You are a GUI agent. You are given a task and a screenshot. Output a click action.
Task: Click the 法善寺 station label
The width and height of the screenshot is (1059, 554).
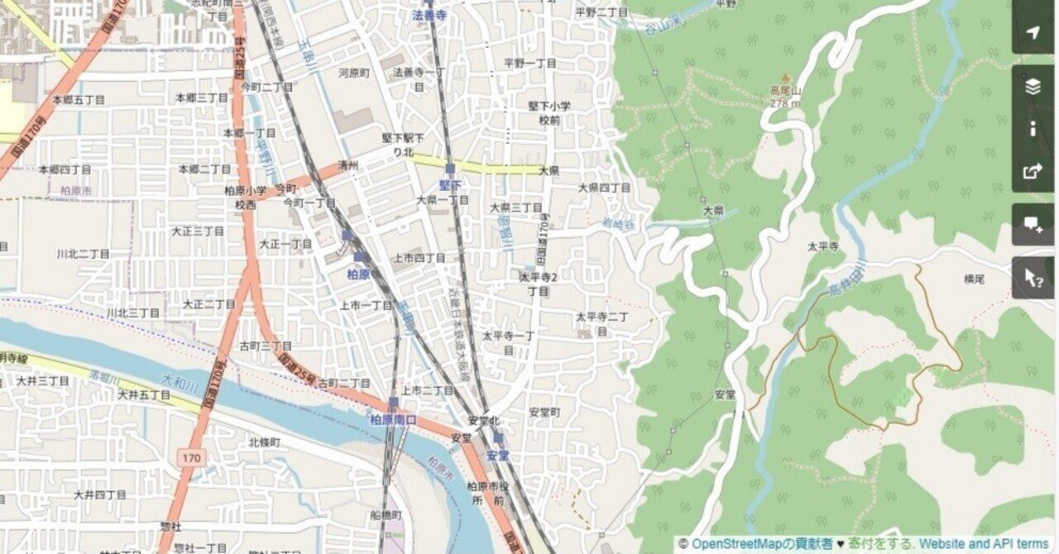coord(430,14)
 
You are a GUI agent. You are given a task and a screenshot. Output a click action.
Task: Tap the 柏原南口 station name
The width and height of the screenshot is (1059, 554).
coord(393,420)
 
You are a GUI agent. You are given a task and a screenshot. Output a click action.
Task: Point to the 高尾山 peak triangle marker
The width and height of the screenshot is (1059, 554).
coord(785,79)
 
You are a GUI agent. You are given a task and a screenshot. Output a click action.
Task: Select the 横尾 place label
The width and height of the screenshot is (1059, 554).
coord(974,279)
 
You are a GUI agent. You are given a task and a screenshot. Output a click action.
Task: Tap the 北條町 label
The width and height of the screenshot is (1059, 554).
coord(265,442)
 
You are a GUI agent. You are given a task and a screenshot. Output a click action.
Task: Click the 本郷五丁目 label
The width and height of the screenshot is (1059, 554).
coord(79,99)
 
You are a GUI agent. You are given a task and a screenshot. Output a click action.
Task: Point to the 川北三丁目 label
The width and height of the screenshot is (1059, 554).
coord(132,313)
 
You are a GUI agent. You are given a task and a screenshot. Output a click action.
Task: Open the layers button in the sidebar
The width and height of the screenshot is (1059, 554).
coord(1033,87)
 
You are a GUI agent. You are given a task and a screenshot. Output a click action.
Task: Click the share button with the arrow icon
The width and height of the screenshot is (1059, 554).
coord(1033,171)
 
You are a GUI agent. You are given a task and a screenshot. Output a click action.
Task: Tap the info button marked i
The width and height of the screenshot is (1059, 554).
coord(1033,129)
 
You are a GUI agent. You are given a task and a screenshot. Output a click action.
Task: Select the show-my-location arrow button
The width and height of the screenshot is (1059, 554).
coord(1033,32)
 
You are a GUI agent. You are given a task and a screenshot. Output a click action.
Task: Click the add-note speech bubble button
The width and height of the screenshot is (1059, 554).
coord(1033,224)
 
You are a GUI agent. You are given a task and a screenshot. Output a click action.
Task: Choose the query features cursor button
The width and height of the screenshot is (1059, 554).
coord(1033,277)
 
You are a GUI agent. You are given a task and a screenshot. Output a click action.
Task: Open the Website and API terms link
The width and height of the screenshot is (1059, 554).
coord(984,543)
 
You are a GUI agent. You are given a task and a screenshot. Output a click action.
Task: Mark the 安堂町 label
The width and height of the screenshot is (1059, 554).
coord(544,412)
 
